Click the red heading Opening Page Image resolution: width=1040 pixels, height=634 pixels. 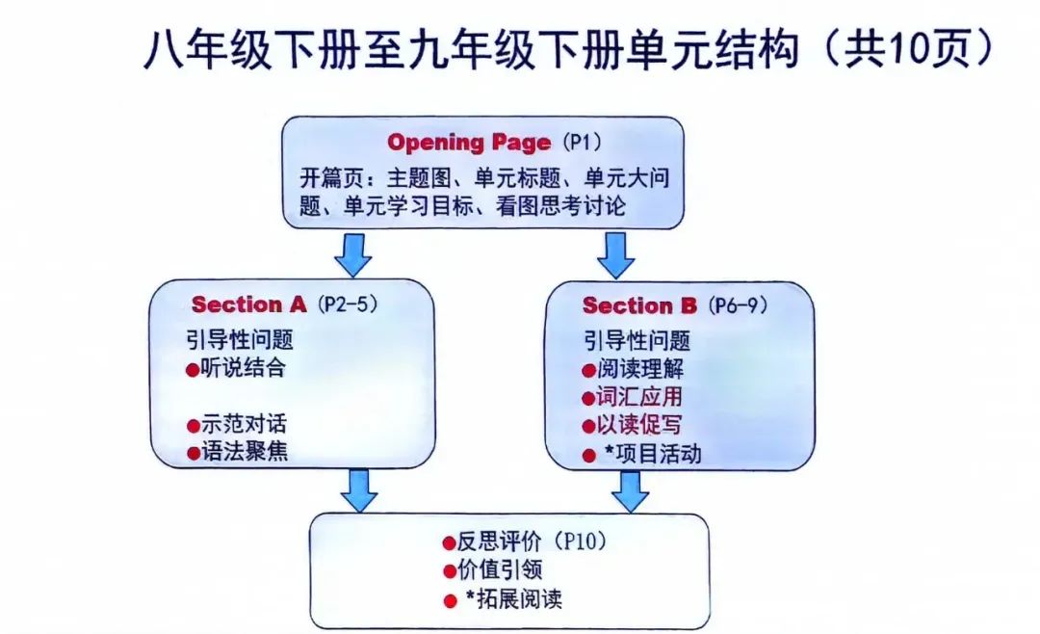click(x=469, y=143)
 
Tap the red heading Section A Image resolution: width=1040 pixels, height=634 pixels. click(x=248, y=304)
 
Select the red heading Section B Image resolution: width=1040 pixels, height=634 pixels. click(x=639, y=306)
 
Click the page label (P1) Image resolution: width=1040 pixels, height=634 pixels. click(x=582, y=142)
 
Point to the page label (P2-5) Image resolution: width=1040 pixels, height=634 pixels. click(x=348, y=304)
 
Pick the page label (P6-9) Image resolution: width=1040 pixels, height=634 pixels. click(x=738, y=305)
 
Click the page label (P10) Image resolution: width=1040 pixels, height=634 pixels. click(x=580, y=542)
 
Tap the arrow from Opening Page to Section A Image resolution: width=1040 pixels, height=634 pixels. click(x=352, y=254)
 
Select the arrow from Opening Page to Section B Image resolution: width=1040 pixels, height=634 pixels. click(x=616, y=255)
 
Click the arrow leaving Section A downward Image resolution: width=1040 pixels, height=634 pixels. click(x=359, y=490)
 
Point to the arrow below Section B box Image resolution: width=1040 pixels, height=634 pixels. click(x=630, y=491)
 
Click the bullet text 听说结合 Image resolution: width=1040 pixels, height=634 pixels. click(x=244, y=368)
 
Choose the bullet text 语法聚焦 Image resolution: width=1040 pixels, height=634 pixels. click(x=245, y=452)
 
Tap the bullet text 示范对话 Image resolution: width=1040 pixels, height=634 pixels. click(x=244, y=424)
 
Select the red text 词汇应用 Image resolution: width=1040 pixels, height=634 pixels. click(x=639, y=396)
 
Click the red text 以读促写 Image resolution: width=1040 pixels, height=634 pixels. click(x=639, y=424)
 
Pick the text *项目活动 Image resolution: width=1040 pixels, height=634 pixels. click(x=653, y=454)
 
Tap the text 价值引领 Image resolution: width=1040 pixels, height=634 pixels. click(x=500, y=569)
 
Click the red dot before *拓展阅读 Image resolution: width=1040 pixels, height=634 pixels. click(x=451, y=601)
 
